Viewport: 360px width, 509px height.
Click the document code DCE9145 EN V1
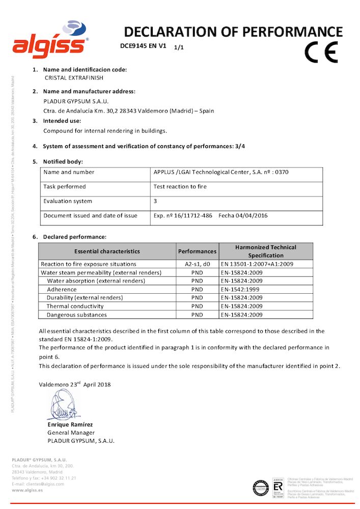(x=143, y=45)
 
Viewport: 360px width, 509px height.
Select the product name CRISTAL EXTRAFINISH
(x=74, y=78)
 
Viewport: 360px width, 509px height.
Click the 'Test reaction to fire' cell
(x=180, y=187)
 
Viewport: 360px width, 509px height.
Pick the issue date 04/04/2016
(x=251, y=216)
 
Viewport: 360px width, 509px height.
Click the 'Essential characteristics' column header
(x=107, y=251)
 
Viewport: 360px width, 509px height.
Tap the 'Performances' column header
(x=197, y=251)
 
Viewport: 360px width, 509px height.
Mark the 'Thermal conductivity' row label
(x=75, y=306)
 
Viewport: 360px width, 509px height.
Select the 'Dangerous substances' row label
(x=77, y=315)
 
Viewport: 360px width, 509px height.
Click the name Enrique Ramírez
(x=70, y=425)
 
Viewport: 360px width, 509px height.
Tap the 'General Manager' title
(x=71, y=433)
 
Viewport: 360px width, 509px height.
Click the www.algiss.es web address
(x=27, y=490)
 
